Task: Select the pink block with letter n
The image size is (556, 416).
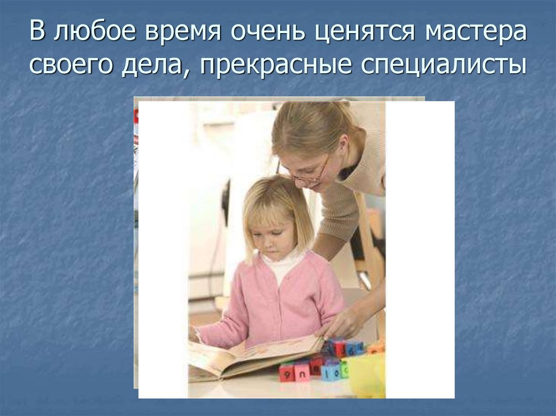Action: point(302,372)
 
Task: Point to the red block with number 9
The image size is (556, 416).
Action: point(286,372)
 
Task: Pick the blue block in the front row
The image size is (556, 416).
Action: point(330,371)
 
